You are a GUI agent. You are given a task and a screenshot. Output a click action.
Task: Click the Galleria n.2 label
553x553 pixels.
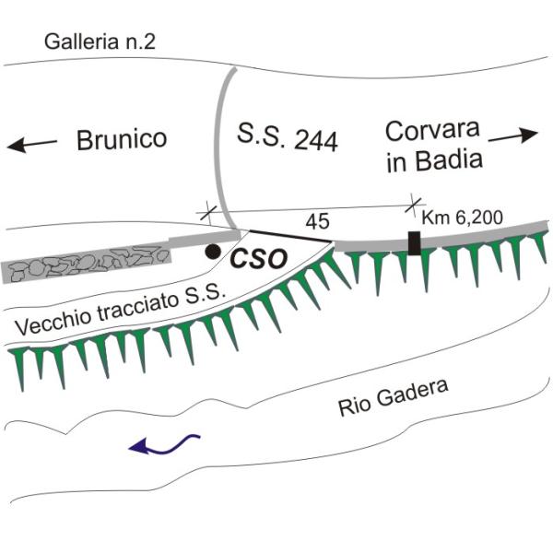100,41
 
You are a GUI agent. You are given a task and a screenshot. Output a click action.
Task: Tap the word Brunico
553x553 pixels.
122,140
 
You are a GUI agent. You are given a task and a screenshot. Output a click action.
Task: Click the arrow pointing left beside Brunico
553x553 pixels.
31,145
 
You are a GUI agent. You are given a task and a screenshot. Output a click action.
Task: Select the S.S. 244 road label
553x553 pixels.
288,136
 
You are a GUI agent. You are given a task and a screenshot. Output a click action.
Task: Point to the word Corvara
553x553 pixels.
432,131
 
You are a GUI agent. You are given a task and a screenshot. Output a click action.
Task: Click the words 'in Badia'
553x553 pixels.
434,160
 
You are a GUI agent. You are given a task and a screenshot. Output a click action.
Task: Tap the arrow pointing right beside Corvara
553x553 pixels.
513,135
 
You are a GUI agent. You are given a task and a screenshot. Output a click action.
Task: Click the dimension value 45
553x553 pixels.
318,221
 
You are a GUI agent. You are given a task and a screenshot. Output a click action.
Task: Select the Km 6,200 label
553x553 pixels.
463,218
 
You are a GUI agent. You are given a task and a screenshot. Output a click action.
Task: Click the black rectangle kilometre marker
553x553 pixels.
415,243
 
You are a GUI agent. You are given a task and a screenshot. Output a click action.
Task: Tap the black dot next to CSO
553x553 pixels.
213,252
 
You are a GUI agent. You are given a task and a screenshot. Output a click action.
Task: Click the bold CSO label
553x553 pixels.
258,259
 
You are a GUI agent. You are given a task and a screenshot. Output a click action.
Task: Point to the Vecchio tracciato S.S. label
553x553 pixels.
120,310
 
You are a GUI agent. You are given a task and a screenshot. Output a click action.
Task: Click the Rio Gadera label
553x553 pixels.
394,397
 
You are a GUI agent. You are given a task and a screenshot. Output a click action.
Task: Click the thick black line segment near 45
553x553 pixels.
291,236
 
